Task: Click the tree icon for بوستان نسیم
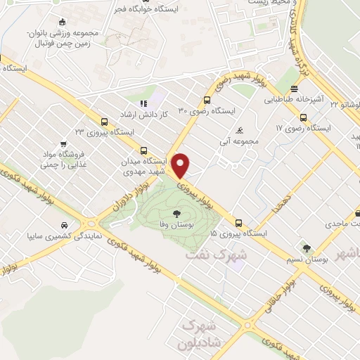click(307, 247)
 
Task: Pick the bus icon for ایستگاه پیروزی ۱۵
click(239, 221)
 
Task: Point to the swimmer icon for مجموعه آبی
click(240, 131)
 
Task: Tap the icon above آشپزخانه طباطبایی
click(294, 89)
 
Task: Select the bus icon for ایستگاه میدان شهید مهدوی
click(144, 150)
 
